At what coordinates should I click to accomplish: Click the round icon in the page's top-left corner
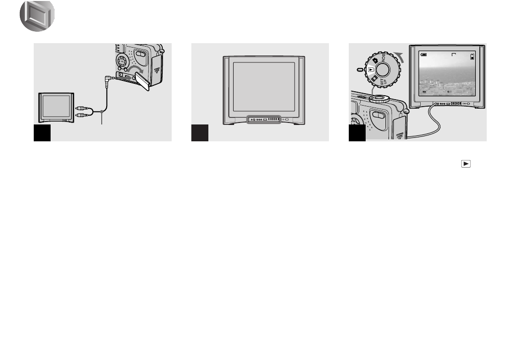pos(37,16)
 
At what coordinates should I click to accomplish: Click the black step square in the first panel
pos(42,133)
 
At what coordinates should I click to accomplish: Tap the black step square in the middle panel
pos(199,133)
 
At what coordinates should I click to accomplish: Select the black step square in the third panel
pos(357,133)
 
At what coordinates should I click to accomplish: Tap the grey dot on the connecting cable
pos(101,111)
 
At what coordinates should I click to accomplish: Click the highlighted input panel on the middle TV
pos(264,119)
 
